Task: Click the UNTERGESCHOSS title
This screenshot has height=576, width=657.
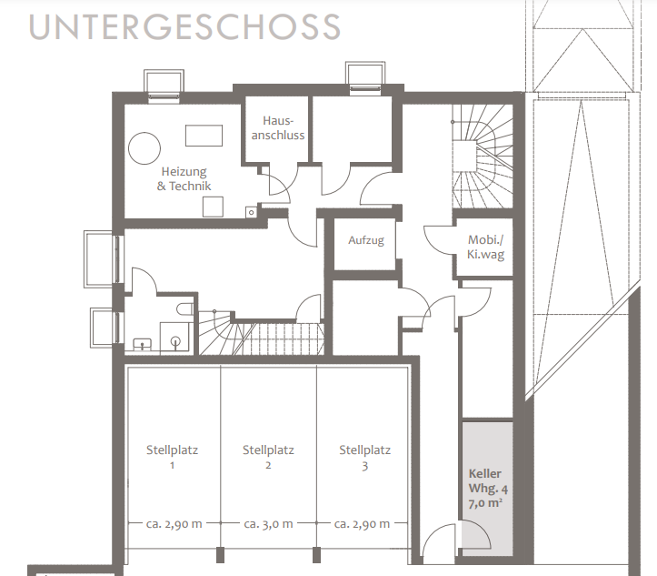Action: tap(184, 27)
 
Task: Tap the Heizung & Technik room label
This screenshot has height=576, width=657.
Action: tap(184, 178)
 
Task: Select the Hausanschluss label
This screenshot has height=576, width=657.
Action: tap(278, 128)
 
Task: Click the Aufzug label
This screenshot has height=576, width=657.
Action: tap(366, 240)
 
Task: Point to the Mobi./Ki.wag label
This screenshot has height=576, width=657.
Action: tap(485, 248)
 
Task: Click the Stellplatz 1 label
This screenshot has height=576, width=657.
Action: tap(172, 458)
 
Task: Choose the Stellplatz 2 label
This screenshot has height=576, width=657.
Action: tap(268, 458)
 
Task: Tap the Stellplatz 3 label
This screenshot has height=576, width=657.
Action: tap(364, 458)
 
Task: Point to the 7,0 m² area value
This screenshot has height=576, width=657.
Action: tap(485, 502)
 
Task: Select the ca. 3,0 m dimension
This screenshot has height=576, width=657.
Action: tap(268, 524)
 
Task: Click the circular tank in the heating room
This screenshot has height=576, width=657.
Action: tap(144, 148)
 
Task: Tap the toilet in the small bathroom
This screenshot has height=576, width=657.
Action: tap(184, 309)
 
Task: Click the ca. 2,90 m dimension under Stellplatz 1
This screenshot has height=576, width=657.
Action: tap(174, 524)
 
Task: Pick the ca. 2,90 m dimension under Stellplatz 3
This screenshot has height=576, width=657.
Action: tap(362, 524)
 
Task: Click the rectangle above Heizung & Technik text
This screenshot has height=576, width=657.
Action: tap(204, 136)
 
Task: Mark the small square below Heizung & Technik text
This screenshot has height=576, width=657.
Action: tap(213, 207)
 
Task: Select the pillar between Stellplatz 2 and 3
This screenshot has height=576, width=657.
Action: tap(317, 554)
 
